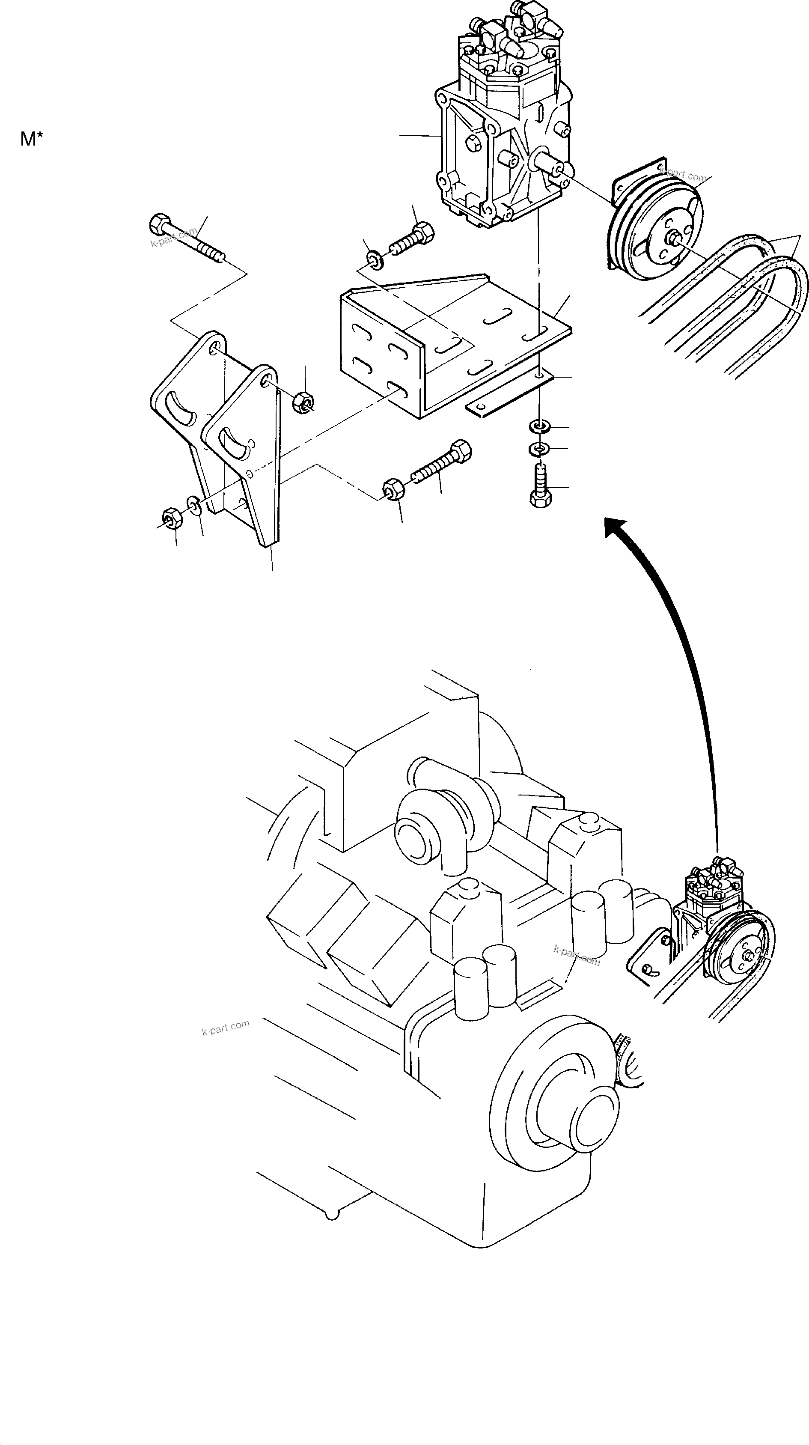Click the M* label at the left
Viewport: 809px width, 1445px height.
31,139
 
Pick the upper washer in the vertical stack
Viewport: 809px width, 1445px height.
539,427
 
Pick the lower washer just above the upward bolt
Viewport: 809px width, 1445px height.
539,449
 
